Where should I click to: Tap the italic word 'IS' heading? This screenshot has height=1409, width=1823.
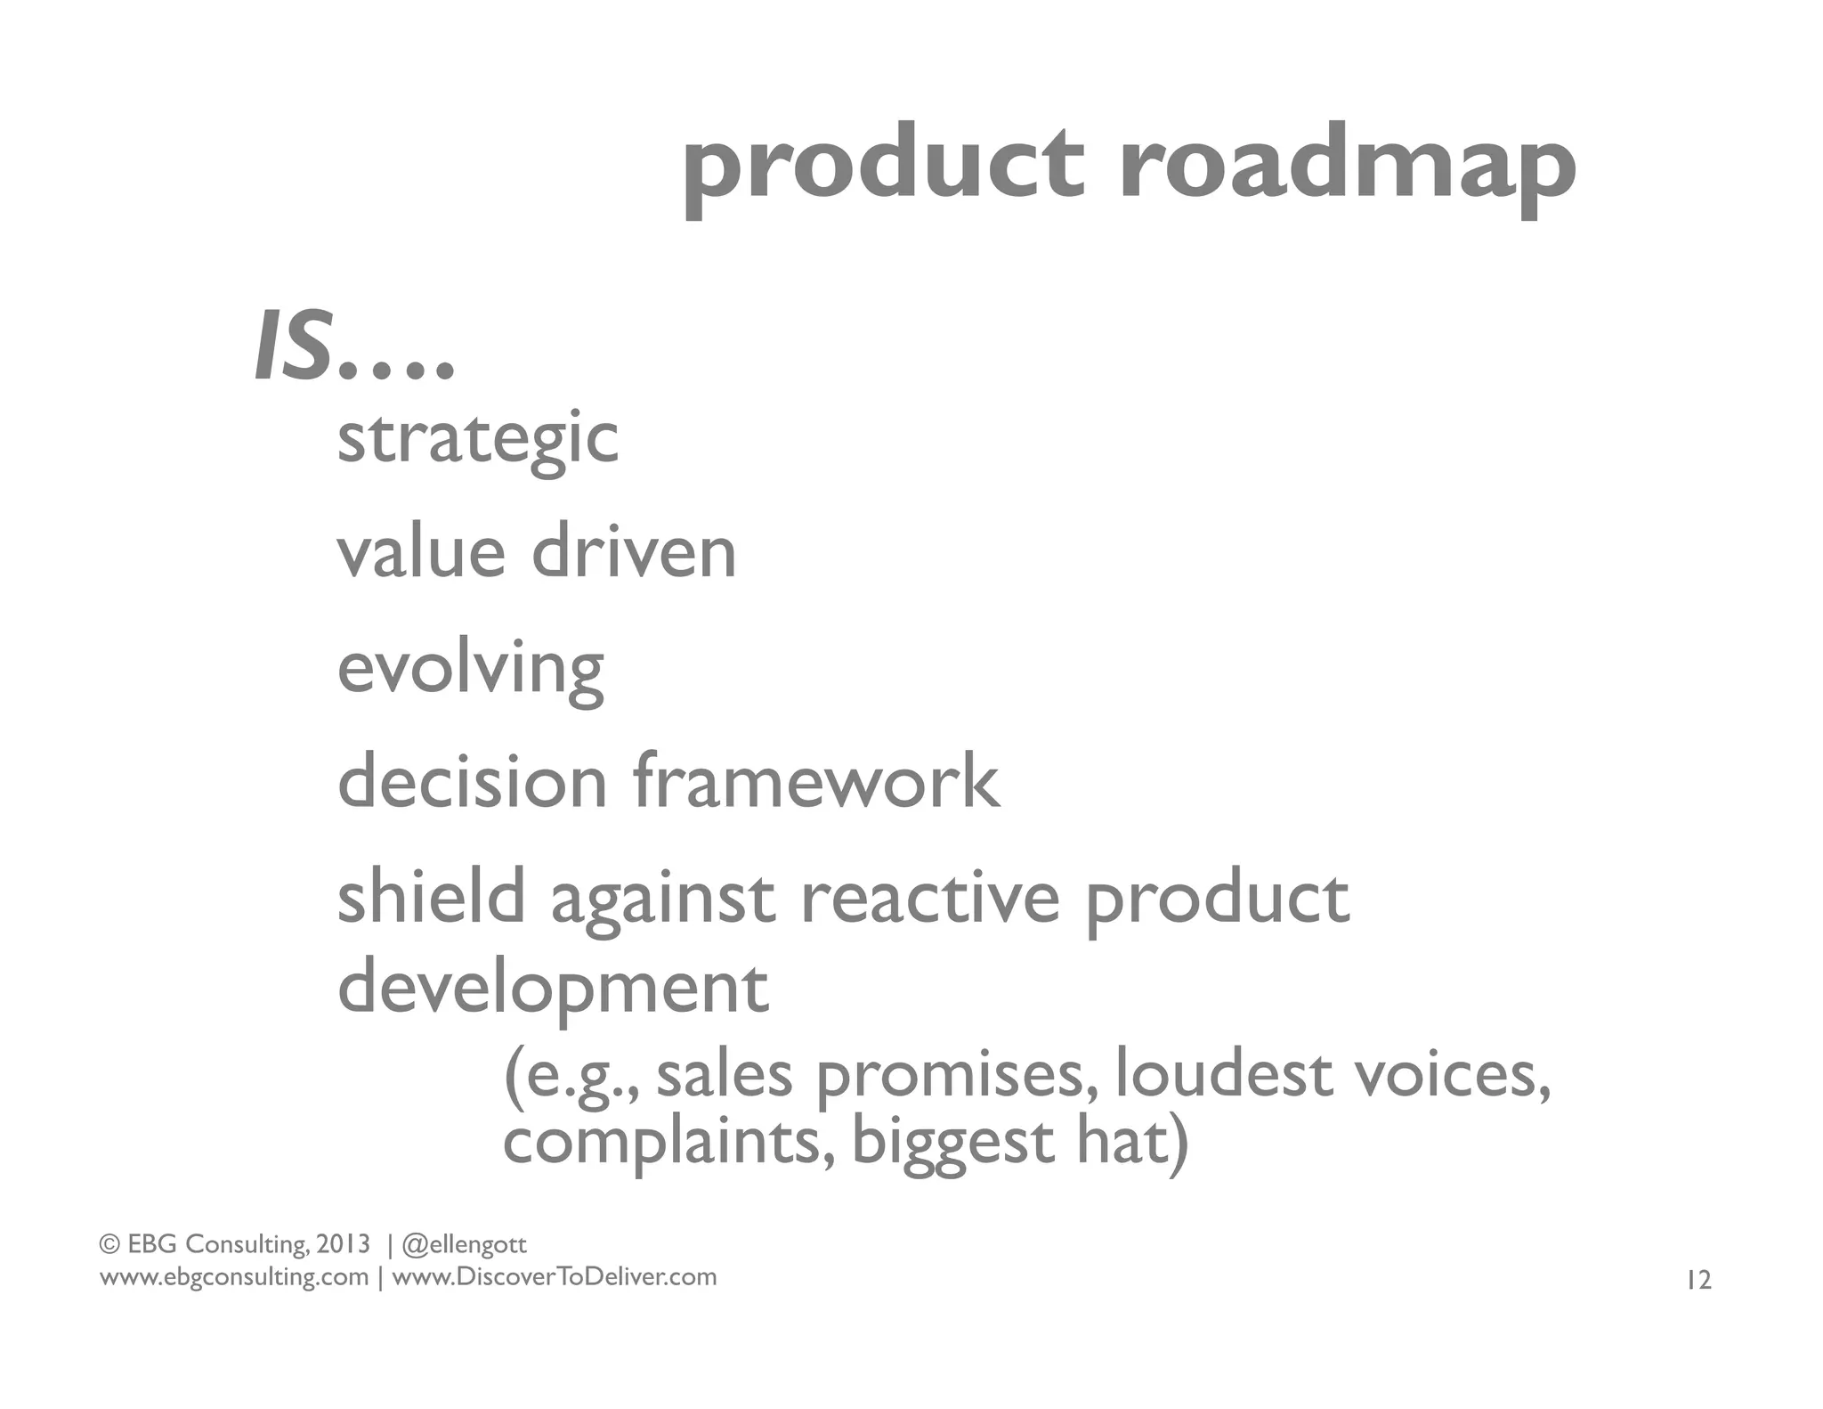tap(295, 348)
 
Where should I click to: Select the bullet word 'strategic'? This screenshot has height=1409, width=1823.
tap(478, 438)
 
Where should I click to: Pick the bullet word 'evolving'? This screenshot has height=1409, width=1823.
tap(471, 670)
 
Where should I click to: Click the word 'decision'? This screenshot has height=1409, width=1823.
tap(473, 781)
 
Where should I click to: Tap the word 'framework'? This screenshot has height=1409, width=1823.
tap(816, 781)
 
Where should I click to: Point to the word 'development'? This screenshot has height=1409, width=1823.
tap(553, 989)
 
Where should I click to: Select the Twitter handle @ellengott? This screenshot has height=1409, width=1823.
tap(464, 1244)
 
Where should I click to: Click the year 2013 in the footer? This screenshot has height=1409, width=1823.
tap(343, 1243)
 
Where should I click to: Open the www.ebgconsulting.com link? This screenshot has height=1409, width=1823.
tap(234, 1277)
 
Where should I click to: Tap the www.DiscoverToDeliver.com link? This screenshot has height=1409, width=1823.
tap(554, 1277)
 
